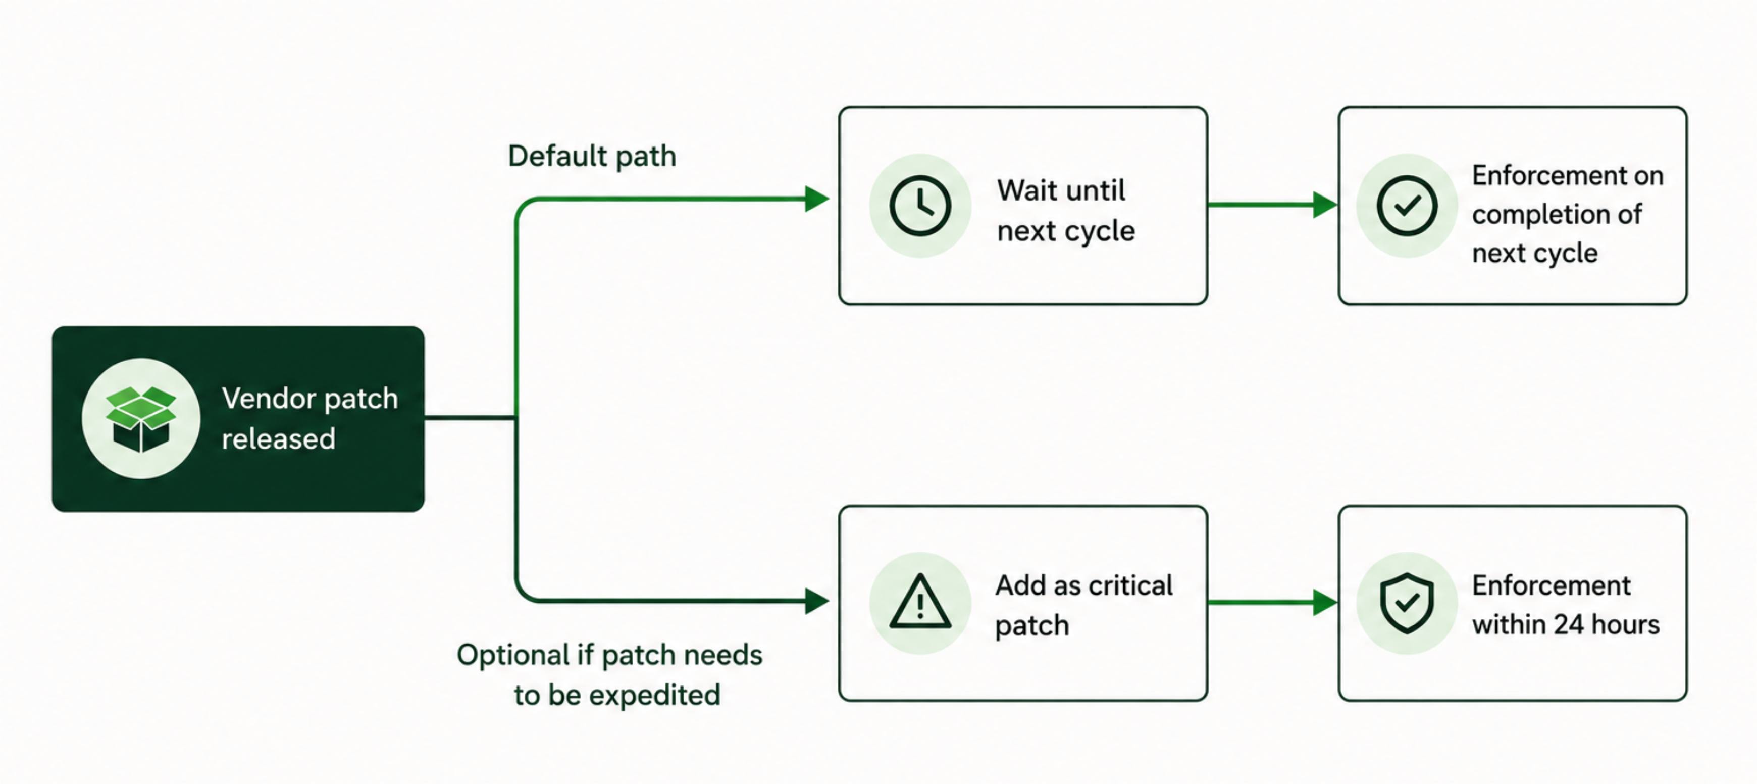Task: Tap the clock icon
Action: point(920,206)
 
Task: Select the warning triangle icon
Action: point(920,601)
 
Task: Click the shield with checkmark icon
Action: point(1407,603)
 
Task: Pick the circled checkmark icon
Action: point(1407,206)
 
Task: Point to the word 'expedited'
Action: point(654,695)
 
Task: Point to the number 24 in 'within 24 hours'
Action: point(1572,624)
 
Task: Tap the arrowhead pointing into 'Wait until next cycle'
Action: point(817,199)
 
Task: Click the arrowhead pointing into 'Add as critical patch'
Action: point(817,601)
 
